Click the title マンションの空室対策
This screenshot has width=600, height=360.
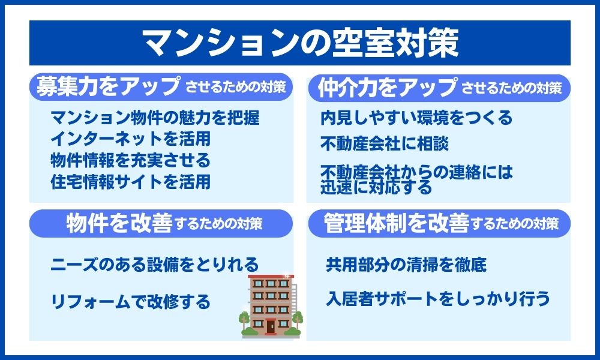[x=301, y=43]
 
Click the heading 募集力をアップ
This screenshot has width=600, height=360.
[x=108, y=86]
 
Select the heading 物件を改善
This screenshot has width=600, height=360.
[x=119, y=223]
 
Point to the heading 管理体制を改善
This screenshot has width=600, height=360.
[x=396, y=223]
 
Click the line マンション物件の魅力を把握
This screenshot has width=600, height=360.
[x=155, y=118]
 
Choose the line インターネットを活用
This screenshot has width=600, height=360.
[x=130, y=139]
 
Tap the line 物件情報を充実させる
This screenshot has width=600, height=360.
[x=130, y=160]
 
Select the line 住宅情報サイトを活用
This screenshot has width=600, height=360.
[x=130, y=181]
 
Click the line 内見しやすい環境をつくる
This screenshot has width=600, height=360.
[x=416, y=118]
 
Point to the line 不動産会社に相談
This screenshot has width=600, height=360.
[x=385, y=143]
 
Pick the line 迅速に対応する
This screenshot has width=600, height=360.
[x=376, y=188]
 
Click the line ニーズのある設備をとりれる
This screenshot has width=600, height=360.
[x=155, y=265]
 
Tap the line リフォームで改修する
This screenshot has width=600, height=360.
[x=130, y=301]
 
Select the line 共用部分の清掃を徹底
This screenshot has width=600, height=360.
[x=406, y=265]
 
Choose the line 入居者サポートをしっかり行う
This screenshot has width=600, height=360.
[x=438, y=299]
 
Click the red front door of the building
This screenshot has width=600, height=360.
[x=271, y=326]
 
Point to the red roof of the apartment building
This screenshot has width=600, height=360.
[x=271, y=276]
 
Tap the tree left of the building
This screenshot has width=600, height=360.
[x=244, y=322]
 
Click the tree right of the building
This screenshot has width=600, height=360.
[x=298, y=320]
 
